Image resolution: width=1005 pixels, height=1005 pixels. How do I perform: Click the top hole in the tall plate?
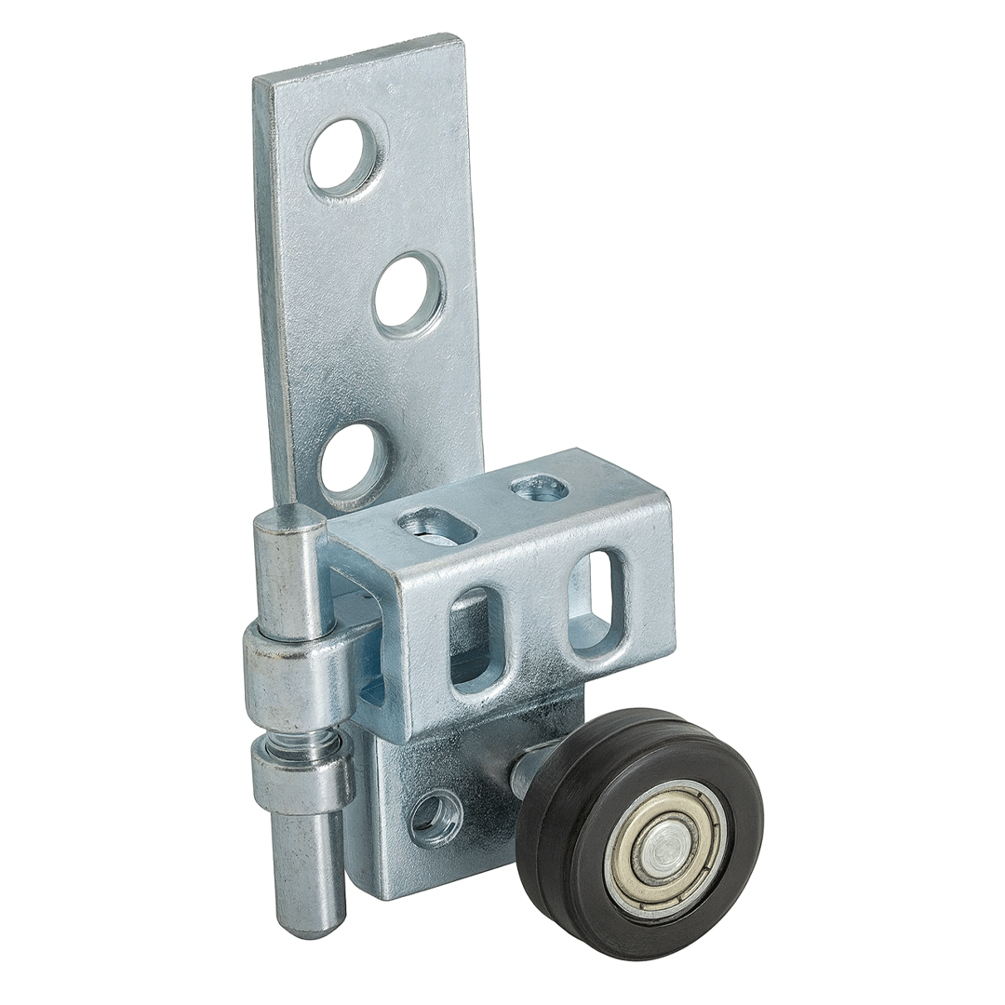[x=345, y=156]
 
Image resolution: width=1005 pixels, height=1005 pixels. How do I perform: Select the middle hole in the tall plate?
[x=408, y=292]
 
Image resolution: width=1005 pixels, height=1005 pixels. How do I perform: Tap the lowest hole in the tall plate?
[x=353, y=458]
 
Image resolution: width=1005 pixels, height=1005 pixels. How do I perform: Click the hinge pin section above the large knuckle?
[x=290, y=577]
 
